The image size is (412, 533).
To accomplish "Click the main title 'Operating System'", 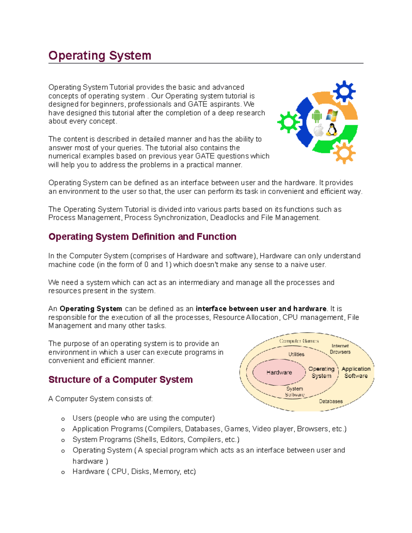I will coord(100,56).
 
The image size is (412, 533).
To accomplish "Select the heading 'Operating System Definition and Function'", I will coord(142,237).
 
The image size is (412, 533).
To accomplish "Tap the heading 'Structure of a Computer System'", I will coord(121,380).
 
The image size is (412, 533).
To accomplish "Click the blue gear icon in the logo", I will coord(344,92).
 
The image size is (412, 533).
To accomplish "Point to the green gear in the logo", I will coord(288,122).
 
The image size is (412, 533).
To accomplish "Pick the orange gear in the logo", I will coord(344,153).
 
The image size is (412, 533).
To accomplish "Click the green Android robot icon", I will coord(317,116).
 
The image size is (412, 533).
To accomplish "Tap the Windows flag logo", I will coord(332,115).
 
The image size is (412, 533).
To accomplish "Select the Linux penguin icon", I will coord(332,130).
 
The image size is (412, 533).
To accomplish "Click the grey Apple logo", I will coord(319,130).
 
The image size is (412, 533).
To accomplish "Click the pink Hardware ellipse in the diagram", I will coord(279,372).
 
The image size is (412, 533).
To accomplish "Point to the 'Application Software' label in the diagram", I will coord(356,372).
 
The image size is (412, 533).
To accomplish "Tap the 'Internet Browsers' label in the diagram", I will coord(340,349).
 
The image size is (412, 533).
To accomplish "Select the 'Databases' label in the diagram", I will coord(331,401).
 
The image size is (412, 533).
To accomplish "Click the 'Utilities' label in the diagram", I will coord(296,354).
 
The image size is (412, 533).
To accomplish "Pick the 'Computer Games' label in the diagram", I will coord(299,341).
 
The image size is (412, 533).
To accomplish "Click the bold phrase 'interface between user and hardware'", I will coord(261,309).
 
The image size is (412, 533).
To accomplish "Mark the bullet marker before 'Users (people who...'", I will coord(63,419).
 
